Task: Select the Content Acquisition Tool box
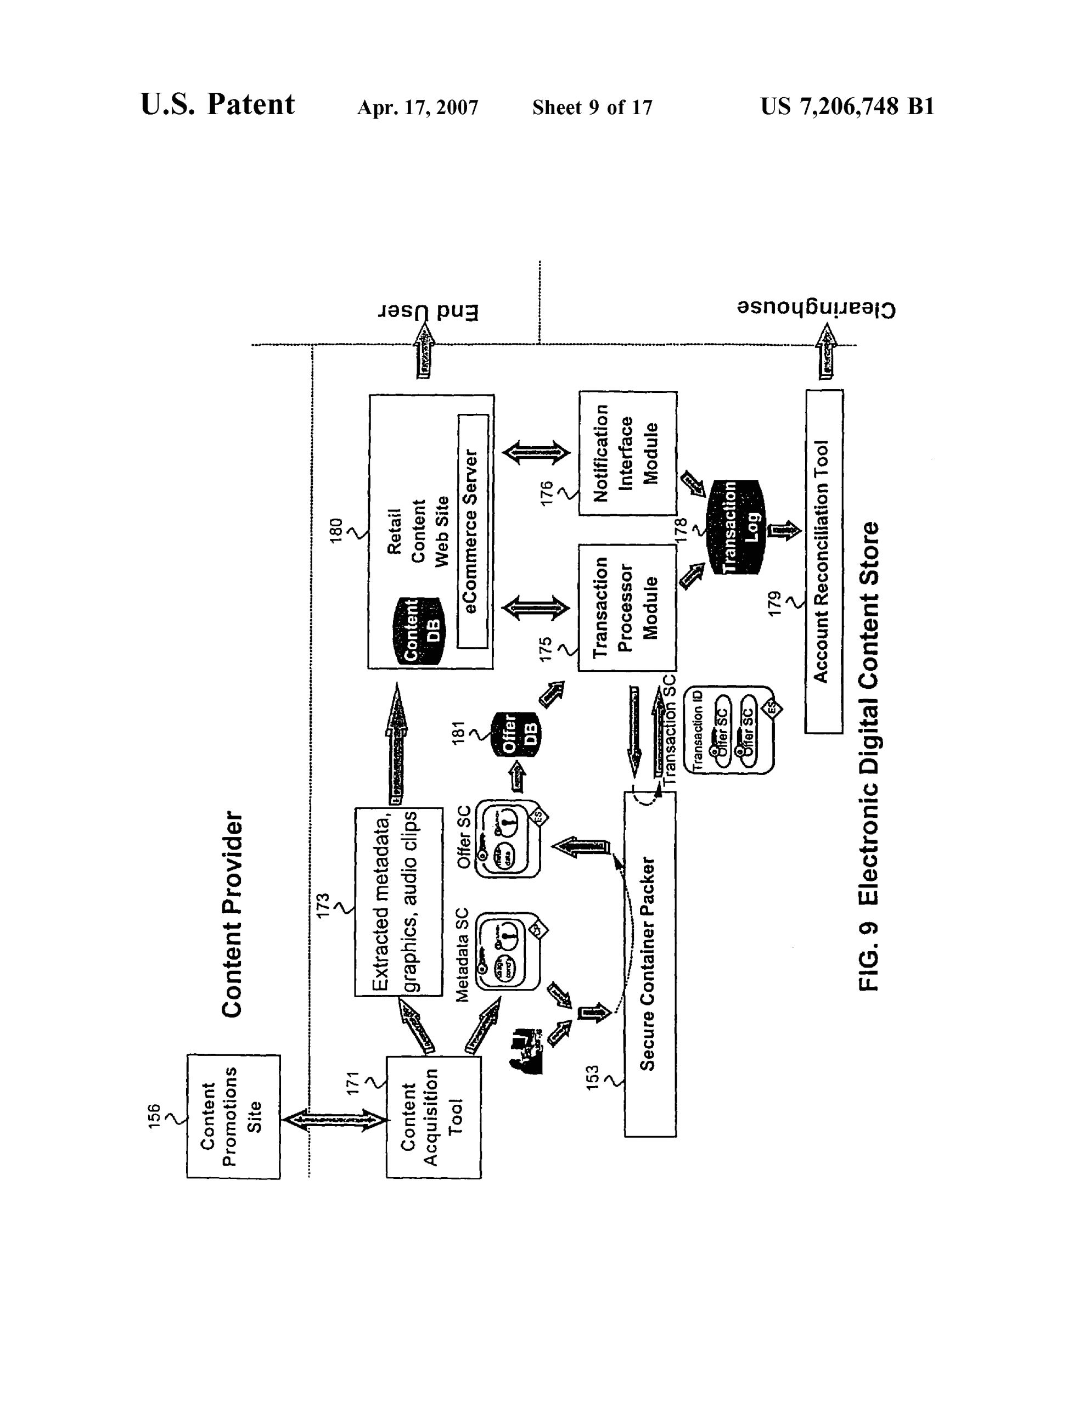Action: point(433,1117)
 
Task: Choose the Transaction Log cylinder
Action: point(736,527)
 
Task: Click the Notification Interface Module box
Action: point(627,453)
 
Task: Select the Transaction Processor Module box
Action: point(627,608)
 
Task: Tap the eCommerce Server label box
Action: point(473,531)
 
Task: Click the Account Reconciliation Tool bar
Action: point(824,561)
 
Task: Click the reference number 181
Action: point(458,733)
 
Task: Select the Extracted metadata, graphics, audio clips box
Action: point(398,901)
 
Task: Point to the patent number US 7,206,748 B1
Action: point(847,106)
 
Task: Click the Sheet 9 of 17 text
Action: point(592,108)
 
